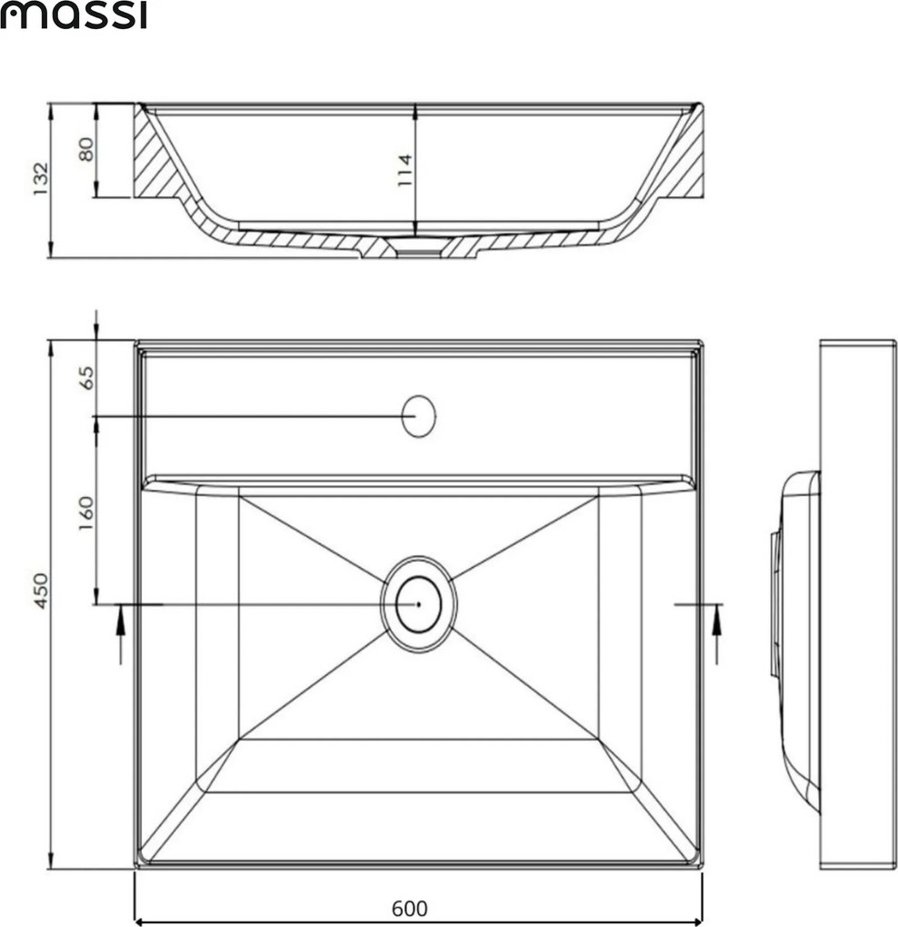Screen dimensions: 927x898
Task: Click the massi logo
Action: click(x=73, y=15)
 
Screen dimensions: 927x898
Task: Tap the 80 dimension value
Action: click(x=86, y=149)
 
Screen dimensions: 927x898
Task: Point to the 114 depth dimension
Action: click(x=405, y=170)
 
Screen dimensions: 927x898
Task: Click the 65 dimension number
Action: click(x=86, y=377)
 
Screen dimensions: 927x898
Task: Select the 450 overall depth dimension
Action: click(x=41, y=591)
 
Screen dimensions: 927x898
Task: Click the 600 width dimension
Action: click(x=409, y=908)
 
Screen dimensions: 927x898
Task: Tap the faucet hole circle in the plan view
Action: click(x=419, y=416)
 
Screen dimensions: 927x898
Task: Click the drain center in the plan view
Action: click(x=419, y=603)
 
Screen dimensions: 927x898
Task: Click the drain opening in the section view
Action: click(x=419, y=246)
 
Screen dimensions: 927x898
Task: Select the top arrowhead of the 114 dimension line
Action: click(x=415, y=111)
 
